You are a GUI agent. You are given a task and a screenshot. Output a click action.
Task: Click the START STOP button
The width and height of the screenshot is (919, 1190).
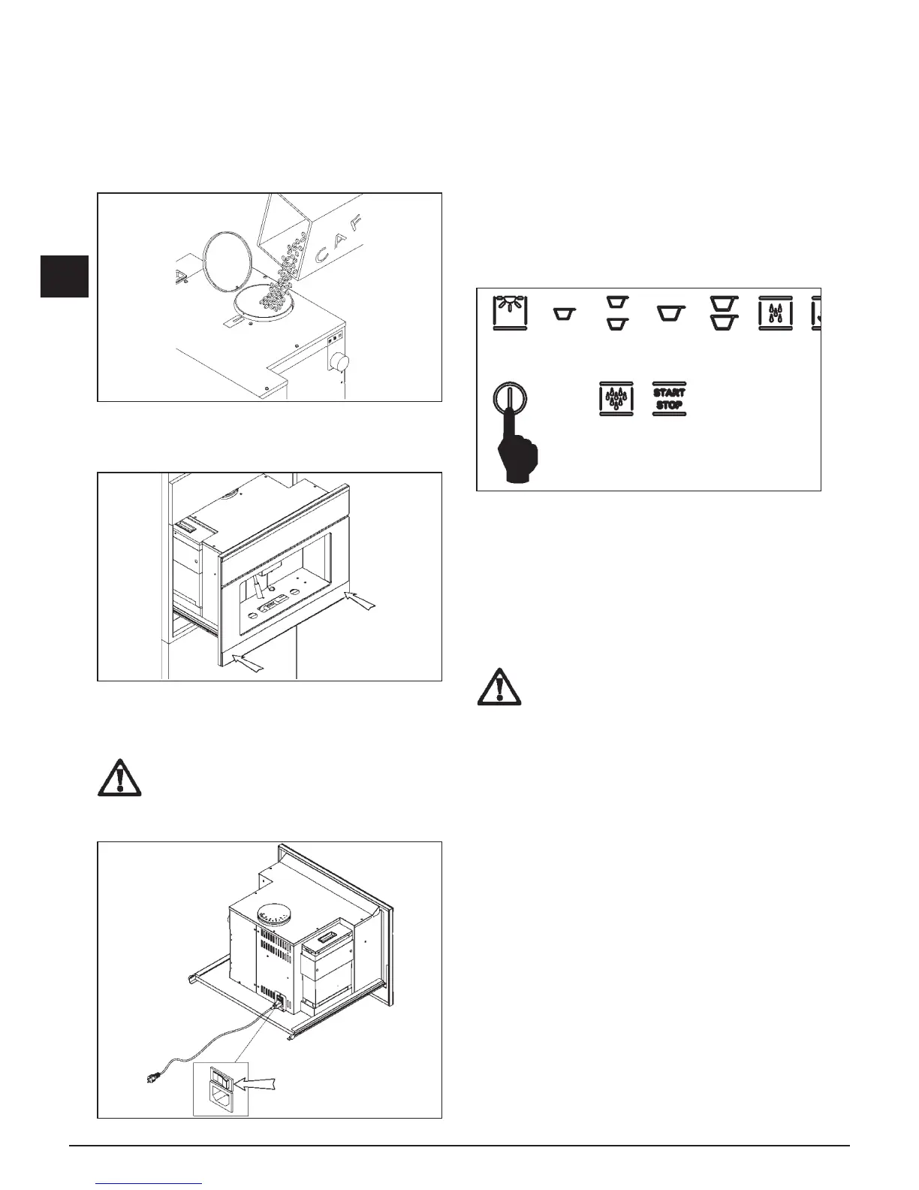coord(668,399)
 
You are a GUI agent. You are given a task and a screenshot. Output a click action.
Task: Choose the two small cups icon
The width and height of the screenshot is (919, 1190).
coord(616,313)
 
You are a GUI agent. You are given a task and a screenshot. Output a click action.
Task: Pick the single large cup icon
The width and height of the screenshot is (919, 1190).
coord(669,313)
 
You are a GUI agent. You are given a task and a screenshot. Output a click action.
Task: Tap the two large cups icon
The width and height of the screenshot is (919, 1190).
coord(722,313)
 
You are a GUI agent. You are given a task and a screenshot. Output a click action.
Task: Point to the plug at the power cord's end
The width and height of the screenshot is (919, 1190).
coord(153,1078)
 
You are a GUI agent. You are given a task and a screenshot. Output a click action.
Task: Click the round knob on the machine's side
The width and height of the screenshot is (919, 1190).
coord(343,364)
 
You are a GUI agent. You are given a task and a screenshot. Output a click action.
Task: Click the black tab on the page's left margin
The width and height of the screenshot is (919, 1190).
coord(65,276)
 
